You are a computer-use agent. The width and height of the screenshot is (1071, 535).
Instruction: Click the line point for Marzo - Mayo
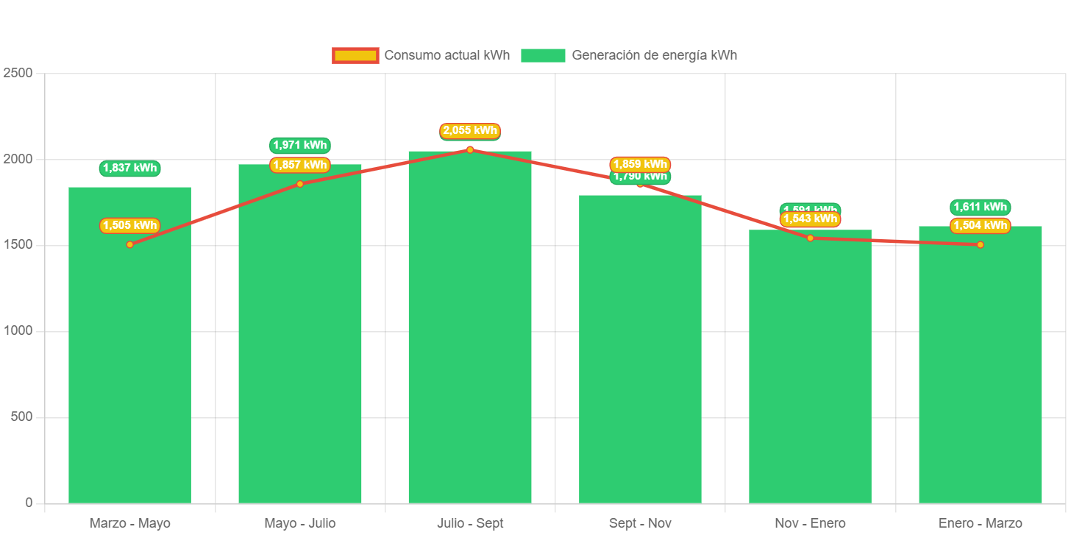(x=129, y=244)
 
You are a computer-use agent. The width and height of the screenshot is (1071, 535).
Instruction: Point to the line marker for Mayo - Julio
(x=300, y=184)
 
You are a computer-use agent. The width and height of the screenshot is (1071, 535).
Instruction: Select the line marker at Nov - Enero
(x=810, y=238)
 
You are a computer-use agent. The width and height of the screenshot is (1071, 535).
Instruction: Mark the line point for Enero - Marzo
(x=980, y=244)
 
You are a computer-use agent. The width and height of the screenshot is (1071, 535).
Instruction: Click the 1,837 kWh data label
(x=129, y=168)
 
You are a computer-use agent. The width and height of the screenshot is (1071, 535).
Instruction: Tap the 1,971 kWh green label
(x=300, y=145)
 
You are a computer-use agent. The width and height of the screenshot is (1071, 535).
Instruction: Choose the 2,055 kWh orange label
(x=470, y=130)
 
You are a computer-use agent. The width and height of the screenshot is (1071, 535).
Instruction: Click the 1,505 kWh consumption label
(x=129, y=225)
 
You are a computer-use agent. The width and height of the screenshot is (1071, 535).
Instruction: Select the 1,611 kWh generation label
(x=980, y=207)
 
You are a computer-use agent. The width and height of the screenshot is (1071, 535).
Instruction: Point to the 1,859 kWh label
(x=640, y=163)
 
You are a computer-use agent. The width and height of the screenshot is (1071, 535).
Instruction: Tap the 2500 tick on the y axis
(x=18, y=73)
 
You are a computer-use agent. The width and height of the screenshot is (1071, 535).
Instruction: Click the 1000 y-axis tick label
(x=18, y=330)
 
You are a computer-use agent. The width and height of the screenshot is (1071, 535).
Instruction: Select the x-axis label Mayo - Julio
(x=300, y=523)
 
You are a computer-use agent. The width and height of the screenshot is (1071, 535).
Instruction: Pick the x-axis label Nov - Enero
(x=810, y=523)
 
